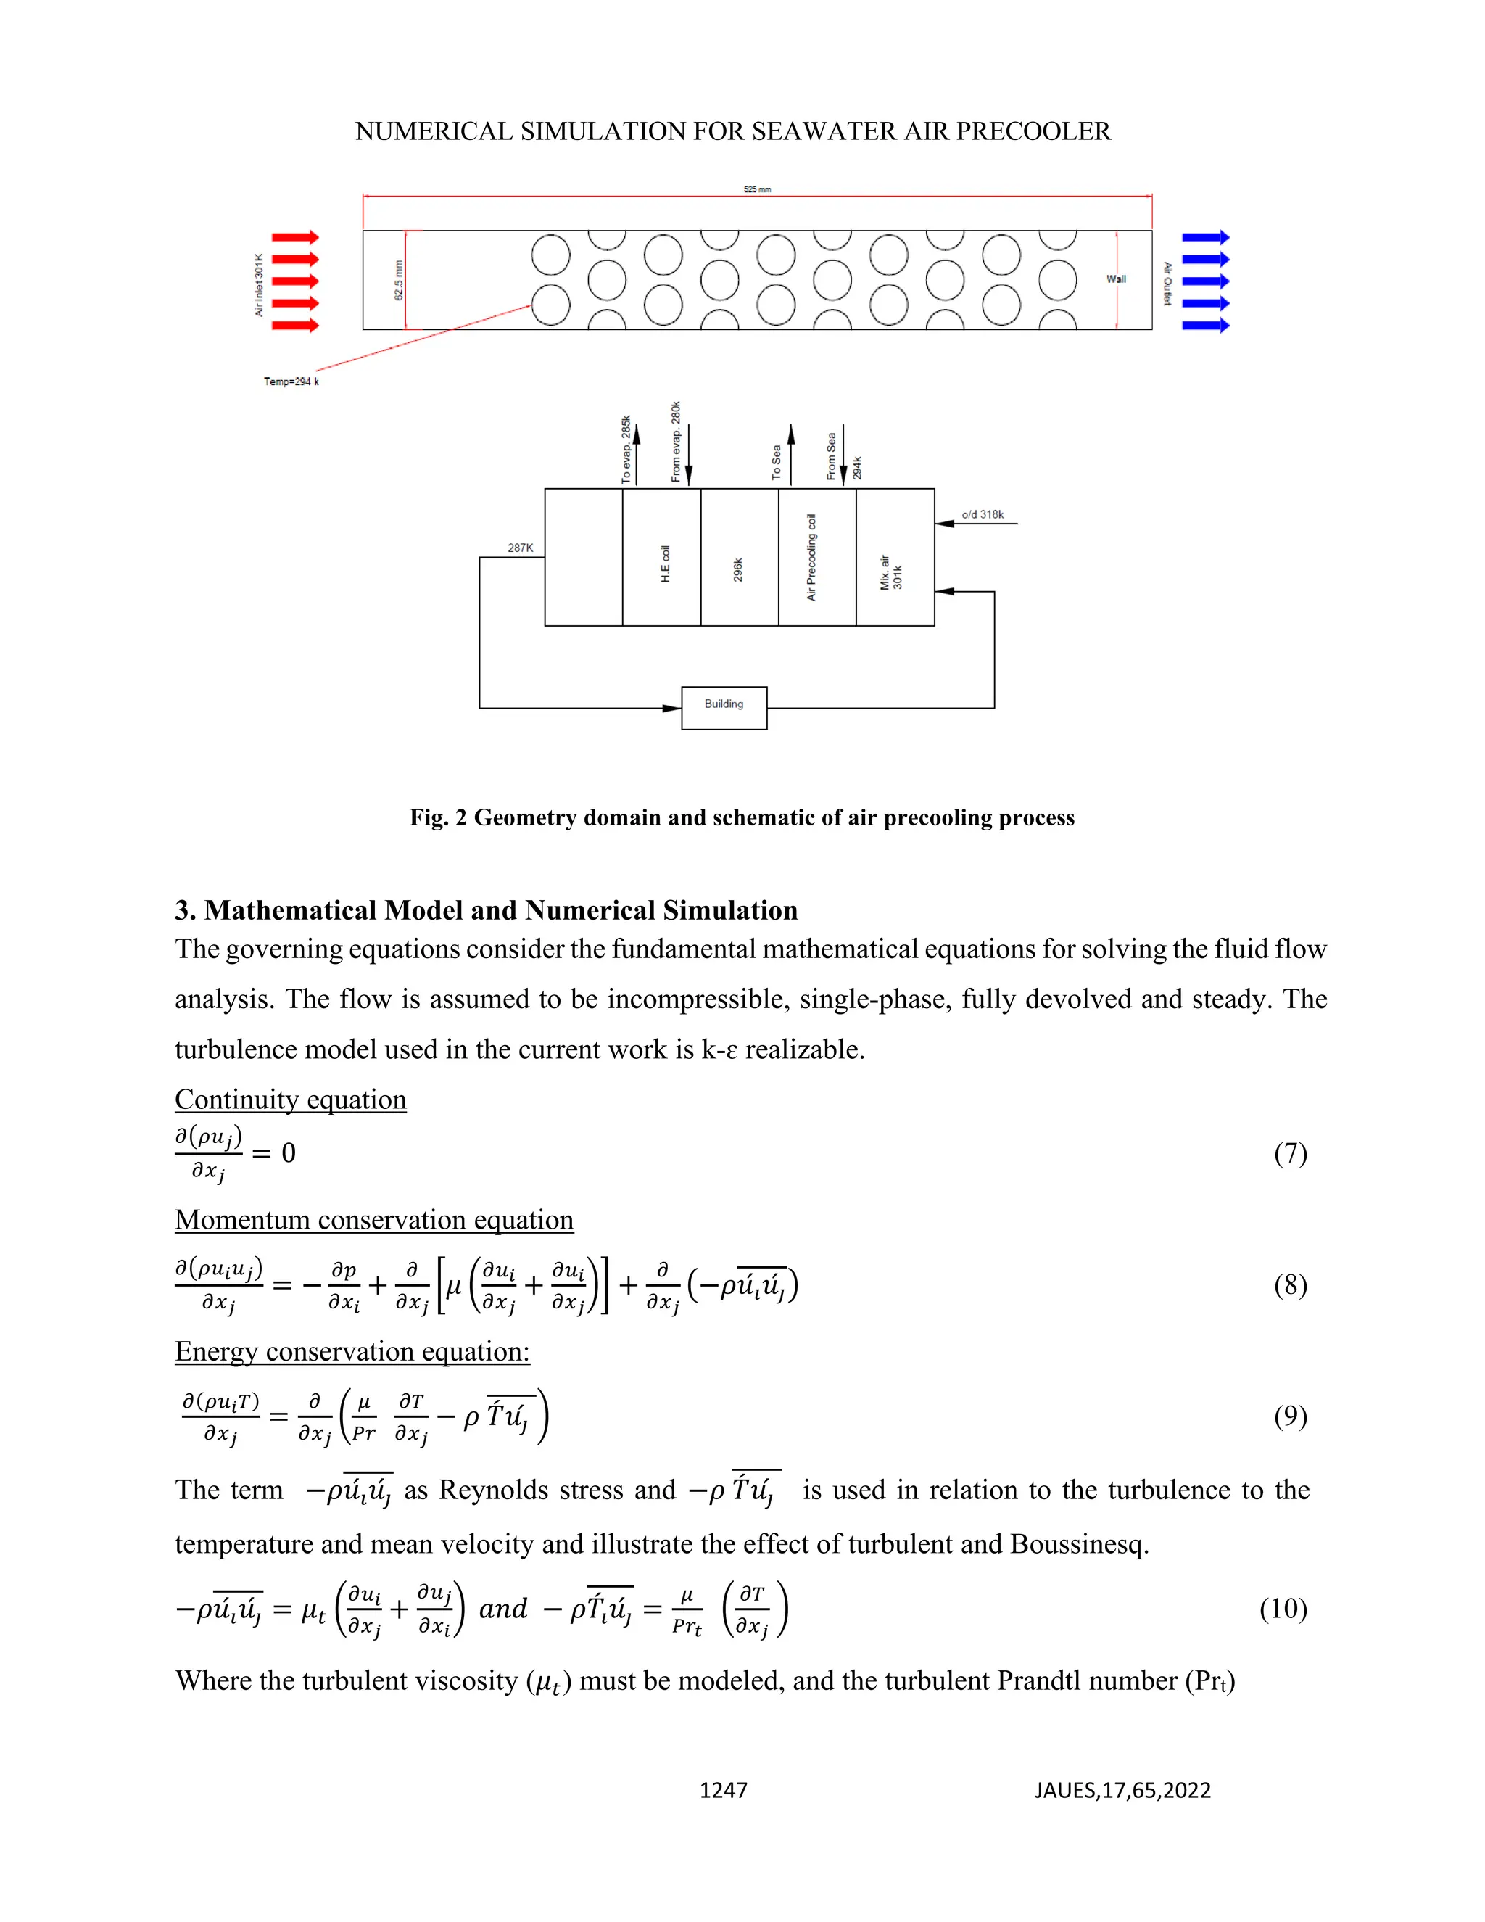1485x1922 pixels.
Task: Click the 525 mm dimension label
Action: [756, 189]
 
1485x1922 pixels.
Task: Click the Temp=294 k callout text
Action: [291, 381]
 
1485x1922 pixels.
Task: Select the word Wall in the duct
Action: [1115, 279]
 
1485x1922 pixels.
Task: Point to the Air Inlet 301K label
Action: [259, 284]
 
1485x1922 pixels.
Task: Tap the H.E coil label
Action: [665, 564]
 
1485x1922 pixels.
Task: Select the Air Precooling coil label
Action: [811, 557]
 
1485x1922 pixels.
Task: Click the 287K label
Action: [520, 548]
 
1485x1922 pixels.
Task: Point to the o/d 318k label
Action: [982, 514]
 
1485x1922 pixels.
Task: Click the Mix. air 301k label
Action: [891, 572]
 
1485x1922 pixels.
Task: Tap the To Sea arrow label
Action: [776, 462]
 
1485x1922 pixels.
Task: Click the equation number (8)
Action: [1290, 1286]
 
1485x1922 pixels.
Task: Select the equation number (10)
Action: [1283, 1609]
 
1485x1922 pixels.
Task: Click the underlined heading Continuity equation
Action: [290, 1100]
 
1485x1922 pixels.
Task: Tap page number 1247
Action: [723, 1790]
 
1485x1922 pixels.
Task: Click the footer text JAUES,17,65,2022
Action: [1122, 1790]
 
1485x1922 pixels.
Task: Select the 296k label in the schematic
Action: [738, 569]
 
